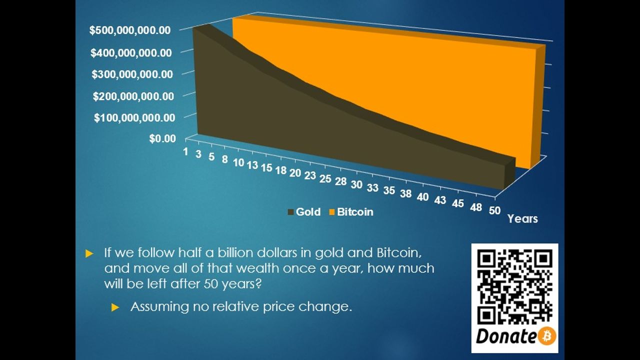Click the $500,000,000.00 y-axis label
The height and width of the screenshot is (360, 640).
tap(130, 30)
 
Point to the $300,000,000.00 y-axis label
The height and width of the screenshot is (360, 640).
tap(132, 74)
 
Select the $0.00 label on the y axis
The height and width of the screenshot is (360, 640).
tap(162, 139)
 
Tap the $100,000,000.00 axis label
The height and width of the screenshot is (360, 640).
tap(134, 117)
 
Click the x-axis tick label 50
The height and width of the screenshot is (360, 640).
tap(494, 210)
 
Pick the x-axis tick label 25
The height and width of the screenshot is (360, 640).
tap(325, 179)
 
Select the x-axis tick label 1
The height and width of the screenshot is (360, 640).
tap(185, 151)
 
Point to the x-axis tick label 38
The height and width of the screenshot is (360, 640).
tap(405, 193)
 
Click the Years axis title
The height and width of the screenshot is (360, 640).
tap(522, 219)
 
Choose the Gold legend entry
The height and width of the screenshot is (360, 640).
tap(304, 212)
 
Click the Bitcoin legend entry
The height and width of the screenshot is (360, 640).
tap(351, 212)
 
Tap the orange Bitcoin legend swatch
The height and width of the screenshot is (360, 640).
tap(331, 212)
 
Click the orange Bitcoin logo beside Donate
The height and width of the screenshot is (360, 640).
tap(547, 335)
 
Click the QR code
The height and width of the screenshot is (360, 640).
tap(515, 287)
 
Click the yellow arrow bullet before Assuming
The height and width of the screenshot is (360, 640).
tap(115, 307)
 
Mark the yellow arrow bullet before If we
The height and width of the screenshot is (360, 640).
tap(89, 253)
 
